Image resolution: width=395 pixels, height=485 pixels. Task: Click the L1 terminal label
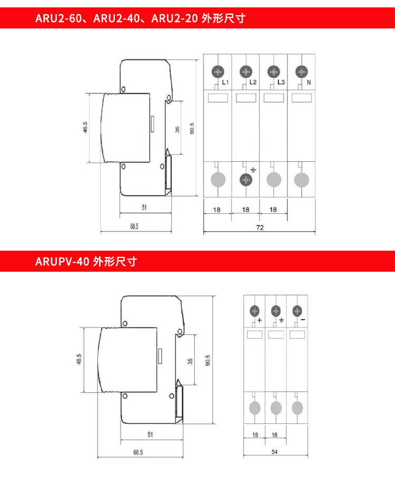(225, 82)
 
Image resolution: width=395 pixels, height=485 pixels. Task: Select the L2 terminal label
(253, 82)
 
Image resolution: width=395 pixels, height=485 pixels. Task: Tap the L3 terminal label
(281, 82)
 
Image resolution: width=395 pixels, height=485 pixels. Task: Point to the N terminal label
(309, 83)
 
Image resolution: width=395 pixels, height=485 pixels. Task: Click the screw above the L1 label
(218, 72)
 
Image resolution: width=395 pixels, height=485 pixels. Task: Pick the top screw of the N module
(302, 72)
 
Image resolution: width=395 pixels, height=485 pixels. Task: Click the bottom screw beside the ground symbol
(246, 180)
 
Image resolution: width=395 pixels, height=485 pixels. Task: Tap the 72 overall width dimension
(260, 227)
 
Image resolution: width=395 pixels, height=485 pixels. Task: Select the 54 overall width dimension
(275, 452)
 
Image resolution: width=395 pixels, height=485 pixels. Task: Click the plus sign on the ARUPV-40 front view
(260, 320)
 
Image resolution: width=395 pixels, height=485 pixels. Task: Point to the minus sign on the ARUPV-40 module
(303, 320)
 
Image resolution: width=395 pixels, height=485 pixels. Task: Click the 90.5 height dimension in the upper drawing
(192, 128)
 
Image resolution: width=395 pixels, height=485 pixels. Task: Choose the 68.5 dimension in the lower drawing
(138, 452)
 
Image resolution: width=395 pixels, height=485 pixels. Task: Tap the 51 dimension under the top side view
(144, 207)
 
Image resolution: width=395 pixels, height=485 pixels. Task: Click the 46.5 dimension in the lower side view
(79, 359)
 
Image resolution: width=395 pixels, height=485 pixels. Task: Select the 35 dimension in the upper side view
(177, 130)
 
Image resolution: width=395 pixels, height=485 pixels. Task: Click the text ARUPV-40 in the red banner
(62, 262)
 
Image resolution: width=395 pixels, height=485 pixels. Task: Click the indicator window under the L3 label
(274, 98)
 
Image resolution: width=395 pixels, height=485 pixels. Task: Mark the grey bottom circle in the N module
(302, 180)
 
